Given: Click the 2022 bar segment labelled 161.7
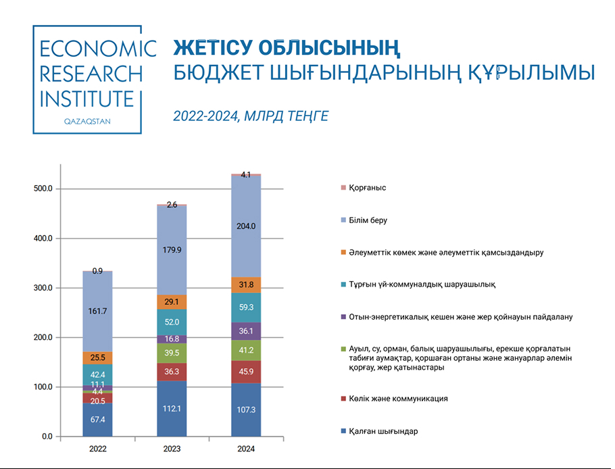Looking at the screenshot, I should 97,311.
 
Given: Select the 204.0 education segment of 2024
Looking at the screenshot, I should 246,226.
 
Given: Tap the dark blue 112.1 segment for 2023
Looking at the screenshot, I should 172,408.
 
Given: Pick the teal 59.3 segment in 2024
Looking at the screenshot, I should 246,307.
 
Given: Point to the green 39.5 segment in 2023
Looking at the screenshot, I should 172,353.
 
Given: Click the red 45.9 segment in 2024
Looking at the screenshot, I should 246,372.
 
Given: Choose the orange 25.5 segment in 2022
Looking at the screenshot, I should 97,357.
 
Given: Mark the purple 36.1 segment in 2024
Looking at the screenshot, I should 246,331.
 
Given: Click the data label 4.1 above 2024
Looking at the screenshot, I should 246,175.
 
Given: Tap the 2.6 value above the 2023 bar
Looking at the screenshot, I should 172,204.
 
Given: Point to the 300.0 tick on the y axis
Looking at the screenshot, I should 43,288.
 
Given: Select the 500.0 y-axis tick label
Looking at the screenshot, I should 43,189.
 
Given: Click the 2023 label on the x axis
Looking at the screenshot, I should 172,449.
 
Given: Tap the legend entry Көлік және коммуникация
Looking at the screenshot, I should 398,399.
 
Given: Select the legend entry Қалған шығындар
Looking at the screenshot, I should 383,431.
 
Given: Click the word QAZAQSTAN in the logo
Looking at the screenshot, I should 87,122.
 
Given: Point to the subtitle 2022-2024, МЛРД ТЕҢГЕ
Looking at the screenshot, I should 251,116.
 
